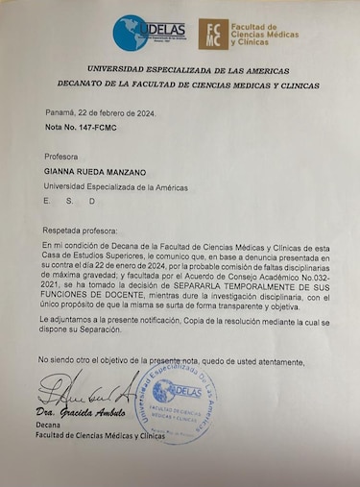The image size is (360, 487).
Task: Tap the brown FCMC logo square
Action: point(213,35)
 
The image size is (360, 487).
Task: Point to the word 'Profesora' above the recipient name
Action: point(63,155)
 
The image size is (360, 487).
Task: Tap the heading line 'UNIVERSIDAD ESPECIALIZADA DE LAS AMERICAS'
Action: point(180,69)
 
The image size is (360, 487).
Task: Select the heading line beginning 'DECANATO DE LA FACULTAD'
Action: point(180,84)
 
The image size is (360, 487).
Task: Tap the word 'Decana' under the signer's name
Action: point(50,424)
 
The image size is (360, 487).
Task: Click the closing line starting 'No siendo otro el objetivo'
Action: point(172,360)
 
